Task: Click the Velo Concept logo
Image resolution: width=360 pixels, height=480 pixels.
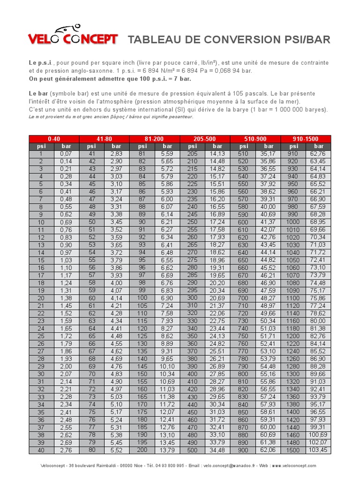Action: point(73,37)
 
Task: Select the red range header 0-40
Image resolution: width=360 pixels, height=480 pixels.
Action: point(54,139)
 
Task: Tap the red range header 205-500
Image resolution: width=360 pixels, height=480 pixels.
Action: point(205,139)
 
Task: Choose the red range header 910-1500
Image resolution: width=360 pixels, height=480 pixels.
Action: point(305,139)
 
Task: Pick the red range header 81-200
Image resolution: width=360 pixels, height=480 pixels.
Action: point(154,139)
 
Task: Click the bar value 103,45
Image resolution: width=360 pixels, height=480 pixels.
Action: point(318,450)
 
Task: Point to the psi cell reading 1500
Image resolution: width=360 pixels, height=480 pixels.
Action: point(293,450)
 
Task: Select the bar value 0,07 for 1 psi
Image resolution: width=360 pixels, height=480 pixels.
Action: point(66,154)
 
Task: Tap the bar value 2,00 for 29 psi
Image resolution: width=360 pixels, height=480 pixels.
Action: point(66,366)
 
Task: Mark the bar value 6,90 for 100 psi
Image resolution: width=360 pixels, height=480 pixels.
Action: point(167,298)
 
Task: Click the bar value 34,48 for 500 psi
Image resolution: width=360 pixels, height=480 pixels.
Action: point(217,450)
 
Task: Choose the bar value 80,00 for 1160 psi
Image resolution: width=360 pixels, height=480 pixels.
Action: point(318,321)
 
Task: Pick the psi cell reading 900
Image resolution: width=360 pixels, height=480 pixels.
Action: point(243,450)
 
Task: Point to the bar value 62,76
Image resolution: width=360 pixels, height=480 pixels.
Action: point(318,154)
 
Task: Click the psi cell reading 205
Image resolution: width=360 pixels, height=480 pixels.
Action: point(192,154)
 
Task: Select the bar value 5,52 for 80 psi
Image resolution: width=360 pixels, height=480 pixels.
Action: point(117,450)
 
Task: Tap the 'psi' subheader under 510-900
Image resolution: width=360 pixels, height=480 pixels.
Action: point(243,146)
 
